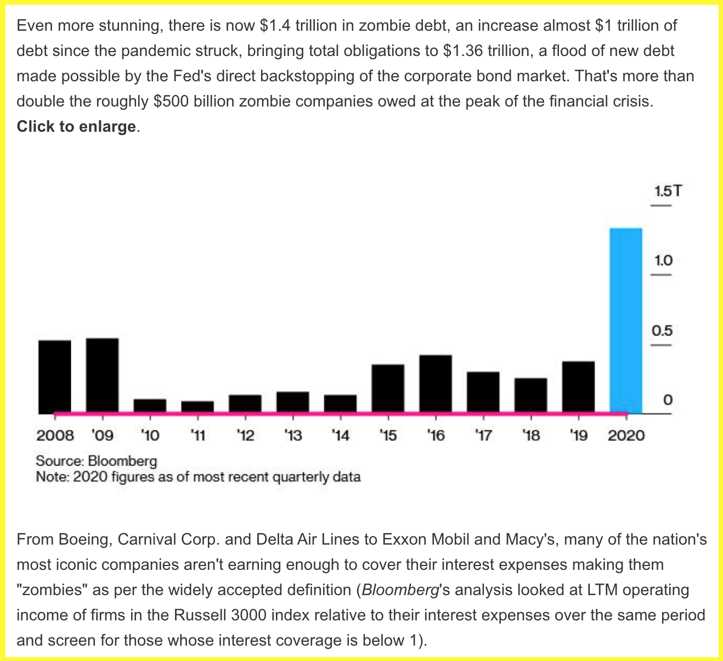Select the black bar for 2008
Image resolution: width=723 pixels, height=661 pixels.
[x=55, y=376]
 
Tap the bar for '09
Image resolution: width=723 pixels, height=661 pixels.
[x=103, y=375]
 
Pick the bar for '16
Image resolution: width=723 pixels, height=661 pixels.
[x=436, y=383]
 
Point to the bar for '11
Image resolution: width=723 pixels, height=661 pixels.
[x=197, y=406]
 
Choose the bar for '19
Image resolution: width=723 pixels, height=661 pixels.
[x=578, y=386]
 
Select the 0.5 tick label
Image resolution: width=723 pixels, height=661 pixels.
[x=662, y=331]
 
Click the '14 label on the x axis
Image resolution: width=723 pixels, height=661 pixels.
[x=341, y=436]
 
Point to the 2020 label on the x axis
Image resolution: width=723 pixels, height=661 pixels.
[x=626, y=436]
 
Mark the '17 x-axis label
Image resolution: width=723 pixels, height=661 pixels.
[x=483, y=436]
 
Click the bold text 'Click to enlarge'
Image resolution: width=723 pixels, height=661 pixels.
[x=76, y=126]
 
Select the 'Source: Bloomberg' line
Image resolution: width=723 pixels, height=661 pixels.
[x=97, y=461]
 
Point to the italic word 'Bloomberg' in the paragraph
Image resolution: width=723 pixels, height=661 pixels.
[x=400, y=590]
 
